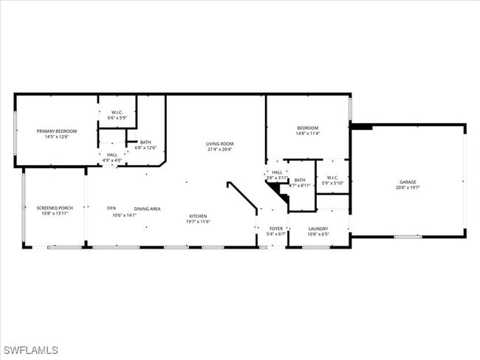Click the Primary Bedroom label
[57, 131]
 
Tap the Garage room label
[408, 181]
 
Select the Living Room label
[219, 143]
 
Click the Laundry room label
[318, 229]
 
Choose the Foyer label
[276, 229]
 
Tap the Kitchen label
[197, 215]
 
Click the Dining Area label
[147, 209]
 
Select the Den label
[112, 208]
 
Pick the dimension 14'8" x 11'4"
[307, 134]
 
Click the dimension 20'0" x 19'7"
[408, 187]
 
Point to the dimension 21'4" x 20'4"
[219, 149]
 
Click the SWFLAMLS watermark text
[30, 350]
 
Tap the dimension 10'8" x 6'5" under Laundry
[318, 235]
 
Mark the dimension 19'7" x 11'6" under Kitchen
[197, 221]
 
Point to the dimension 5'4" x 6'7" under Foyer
[276, 235]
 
